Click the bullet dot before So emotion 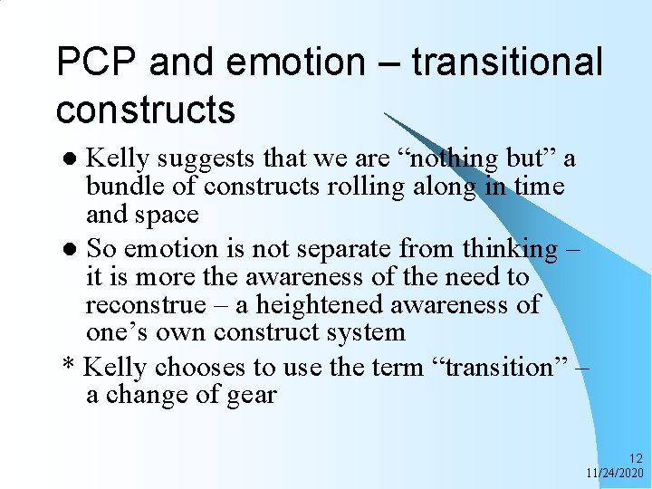[74, 250]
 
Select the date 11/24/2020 [614, 473]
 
